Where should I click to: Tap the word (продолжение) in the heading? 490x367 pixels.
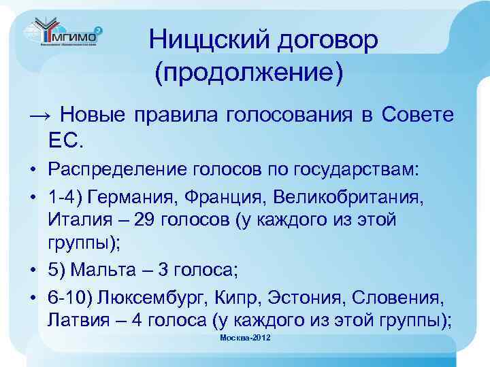click(248, 71)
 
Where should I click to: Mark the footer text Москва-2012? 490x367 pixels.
click(245, 338)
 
